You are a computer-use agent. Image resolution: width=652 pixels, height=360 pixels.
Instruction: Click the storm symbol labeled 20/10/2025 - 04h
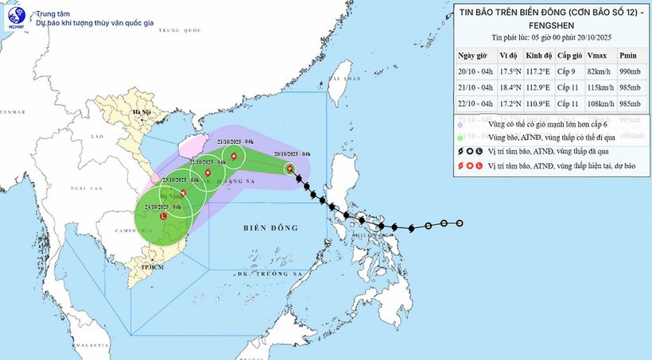pyautogui.click(x=289, y=168)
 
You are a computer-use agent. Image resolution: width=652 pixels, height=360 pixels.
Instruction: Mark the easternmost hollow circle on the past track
pyautogui.click(x=460, y=223)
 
